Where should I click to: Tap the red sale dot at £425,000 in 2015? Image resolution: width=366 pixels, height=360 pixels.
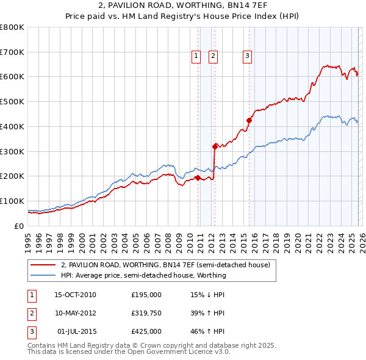(249, 120)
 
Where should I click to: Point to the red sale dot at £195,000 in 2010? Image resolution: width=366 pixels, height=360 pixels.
(198, 178)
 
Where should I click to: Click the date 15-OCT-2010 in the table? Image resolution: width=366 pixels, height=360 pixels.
(75, 295)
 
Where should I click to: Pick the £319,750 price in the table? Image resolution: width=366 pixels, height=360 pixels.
(146, 313)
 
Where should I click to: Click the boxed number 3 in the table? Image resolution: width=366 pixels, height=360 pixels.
(30, 331)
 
